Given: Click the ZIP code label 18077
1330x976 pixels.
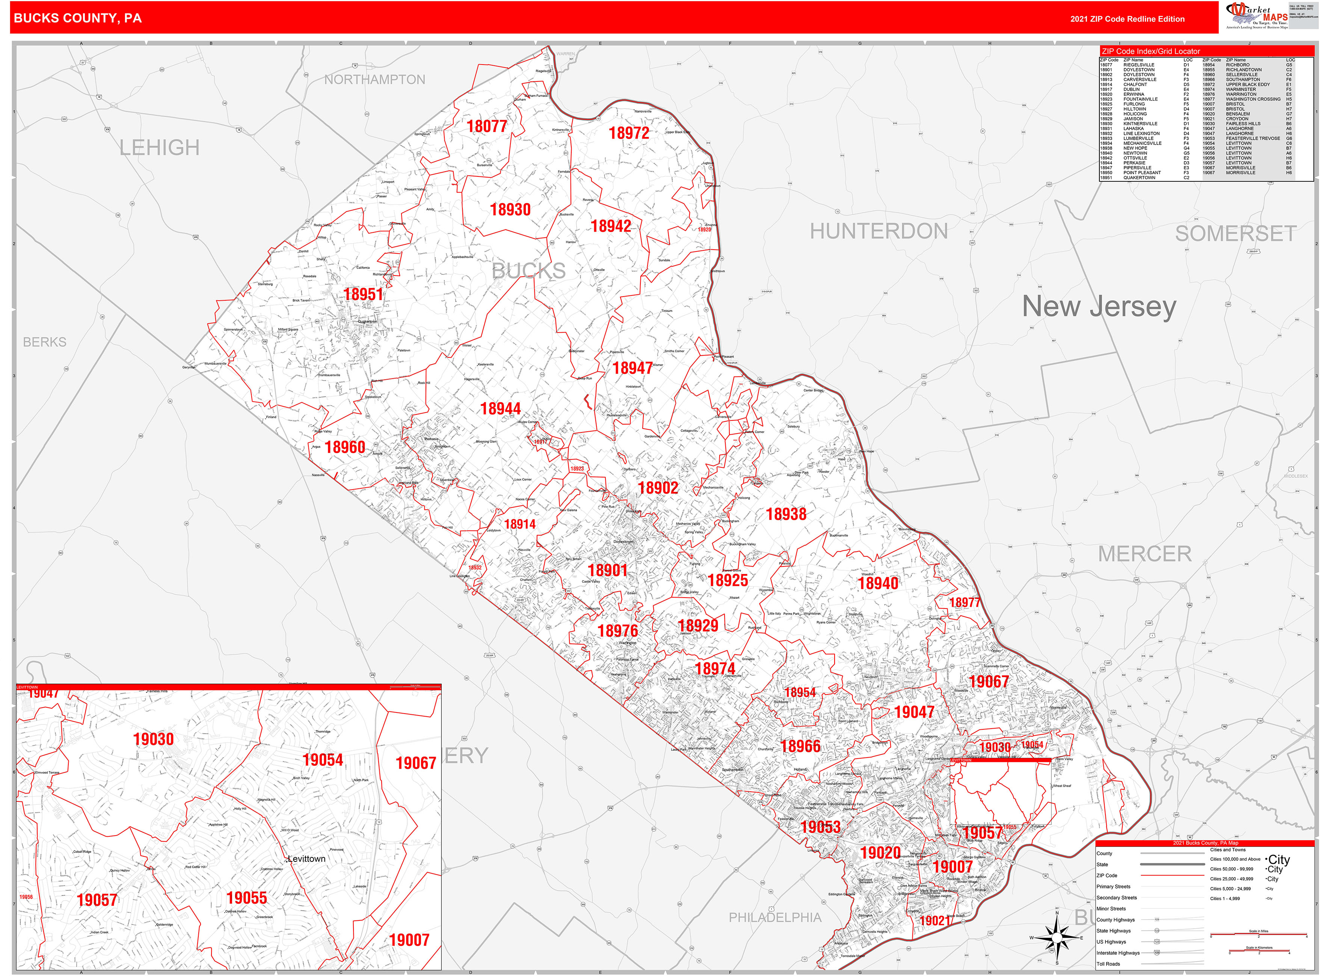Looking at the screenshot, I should tap(486, 127).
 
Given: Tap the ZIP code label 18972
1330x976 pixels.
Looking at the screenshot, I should tap(629, 134).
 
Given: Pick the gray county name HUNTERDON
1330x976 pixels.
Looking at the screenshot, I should tap(879, 231).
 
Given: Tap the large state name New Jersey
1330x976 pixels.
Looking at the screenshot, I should tap(1099, 307).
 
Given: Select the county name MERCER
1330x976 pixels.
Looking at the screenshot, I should tap(1144, 554).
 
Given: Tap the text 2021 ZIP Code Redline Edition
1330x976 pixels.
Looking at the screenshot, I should tap(1127, 19).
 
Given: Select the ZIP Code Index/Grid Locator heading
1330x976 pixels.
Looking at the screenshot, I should tap(1150, 51).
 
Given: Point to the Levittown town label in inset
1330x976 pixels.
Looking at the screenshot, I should tap(306, 859).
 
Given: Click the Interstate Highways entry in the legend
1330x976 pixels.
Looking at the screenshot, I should tap(1118, 952).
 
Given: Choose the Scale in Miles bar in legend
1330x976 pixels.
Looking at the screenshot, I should tap(1259, 934).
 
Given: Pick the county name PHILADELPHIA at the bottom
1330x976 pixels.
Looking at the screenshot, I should tap(774, 917).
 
